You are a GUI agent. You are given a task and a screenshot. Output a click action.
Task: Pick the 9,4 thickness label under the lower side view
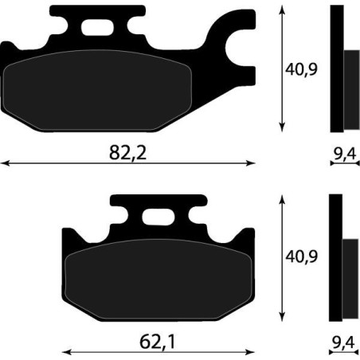(x=344, y=342)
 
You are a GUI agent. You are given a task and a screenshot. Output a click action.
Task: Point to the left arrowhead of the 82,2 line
(x=4, y=163)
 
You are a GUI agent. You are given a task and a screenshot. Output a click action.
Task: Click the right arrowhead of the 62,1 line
(x=253, y=352)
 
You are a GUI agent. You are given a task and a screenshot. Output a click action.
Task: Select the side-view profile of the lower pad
(x=342, y=259)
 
